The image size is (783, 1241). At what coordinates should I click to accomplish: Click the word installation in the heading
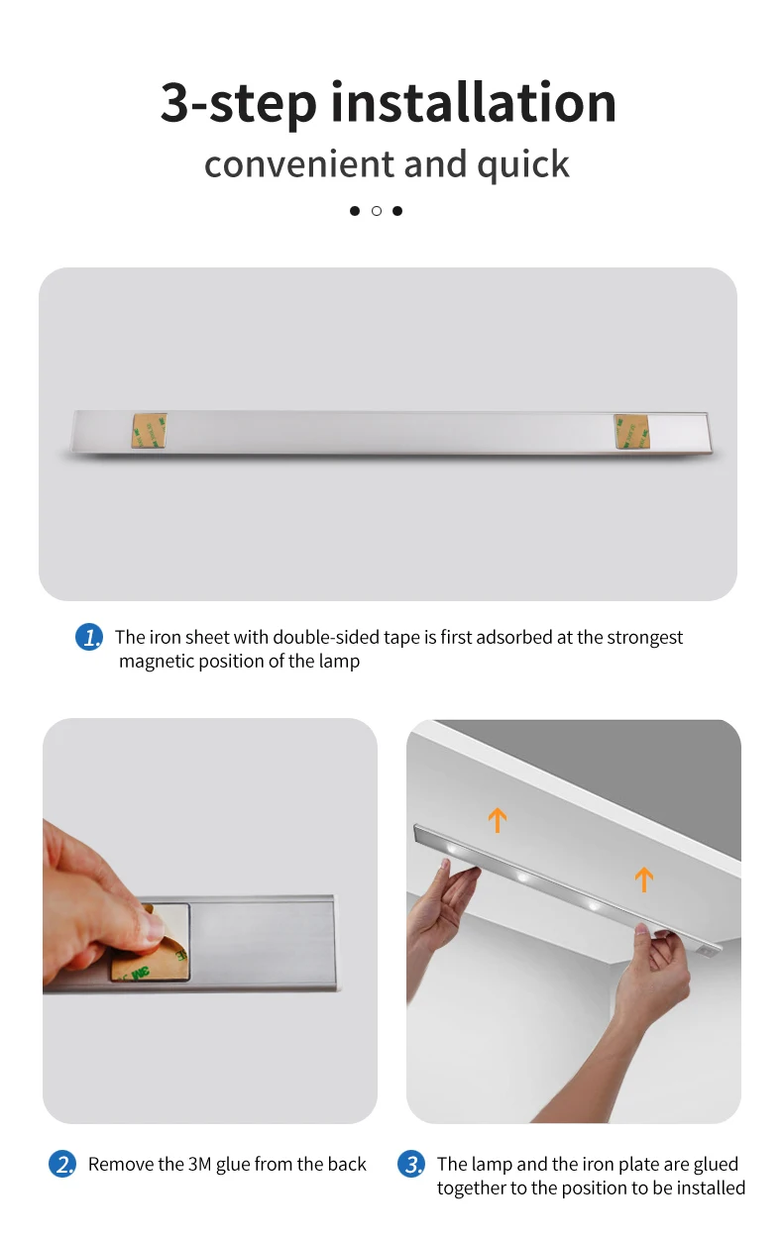(473, 102)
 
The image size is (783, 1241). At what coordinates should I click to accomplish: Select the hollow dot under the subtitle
(377, 211)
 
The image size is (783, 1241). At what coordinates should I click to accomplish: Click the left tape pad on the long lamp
(150, 431)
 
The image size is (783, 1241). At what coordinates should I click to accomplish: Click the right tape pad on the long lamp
(632, 431)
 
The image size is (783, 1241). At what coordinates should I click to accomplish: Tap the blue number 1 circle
(89, 637)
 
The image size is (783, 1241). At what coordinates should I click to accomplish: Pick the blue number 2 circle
(62, 1164)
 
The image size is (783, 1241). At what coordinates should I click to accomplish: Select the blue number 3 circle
(411, 1164)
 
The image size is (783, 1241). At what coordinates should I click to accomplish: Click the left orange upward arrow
(498, 820)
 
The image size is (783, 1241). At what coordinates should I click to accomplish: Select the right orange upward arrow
(644, 879)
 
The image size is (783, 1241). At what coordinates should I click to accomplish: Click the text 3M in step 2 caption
(199, 1164)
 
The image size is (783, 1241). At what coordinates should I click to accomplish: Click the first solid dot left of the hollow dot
(355, 211)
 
